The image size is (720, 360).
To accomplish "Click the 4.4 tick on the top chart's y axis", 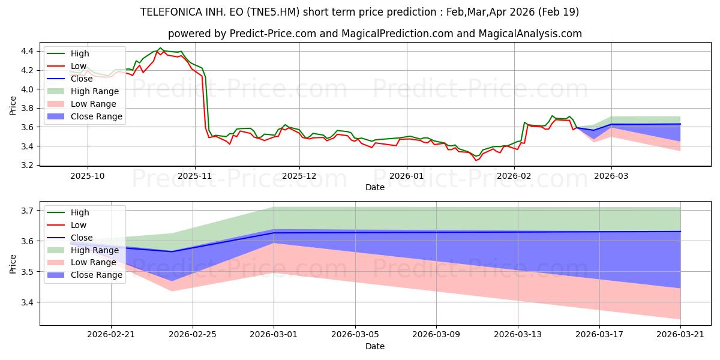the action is coord(27,51).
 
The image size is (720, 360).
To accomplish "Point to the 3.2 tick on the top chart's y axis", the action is coord(27,165).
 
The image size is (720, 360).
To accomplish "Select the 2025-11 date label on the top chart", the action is coord(195,176).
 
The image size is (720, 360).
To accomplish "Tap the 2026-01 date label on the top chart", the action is coord(407,176).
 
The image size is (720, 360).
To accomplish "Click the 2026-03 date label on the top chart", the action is coord(611,176).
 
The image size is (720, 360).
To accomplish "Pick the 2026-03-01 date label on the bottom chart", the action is coord(274,335).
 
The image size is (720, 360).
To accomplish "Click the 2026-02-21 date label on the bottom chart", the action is coord(111,335).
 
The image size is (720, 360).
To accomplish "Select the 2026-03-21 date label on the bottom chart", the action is coord(680,335).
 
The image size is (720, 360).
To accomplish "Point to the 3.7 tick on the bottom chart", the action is coord(27,211).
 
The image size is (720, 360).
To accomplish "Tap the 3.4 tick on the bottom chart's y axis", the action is coord(27,302).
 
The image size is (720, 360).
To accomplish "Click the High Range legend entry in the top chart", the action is coord(83,91).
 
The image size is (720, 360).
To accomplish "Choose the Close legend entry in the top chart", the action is coord(70,79).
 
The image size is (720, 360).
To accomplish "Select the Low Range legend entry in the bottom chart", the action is coord(82,262).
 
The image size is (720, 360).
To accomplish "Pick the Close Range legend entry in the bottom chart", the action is coord(85,275).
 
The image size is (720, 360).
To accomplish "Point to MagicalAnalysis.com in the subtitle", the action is coord(530,34).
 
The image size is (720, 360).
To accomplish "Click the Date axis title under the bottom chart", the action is coord(375,346).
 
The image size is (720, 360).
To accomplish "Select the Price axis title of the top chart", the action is coord(13,106).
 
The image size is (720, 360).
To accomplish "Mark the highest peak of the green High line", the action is coord(160,48).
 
